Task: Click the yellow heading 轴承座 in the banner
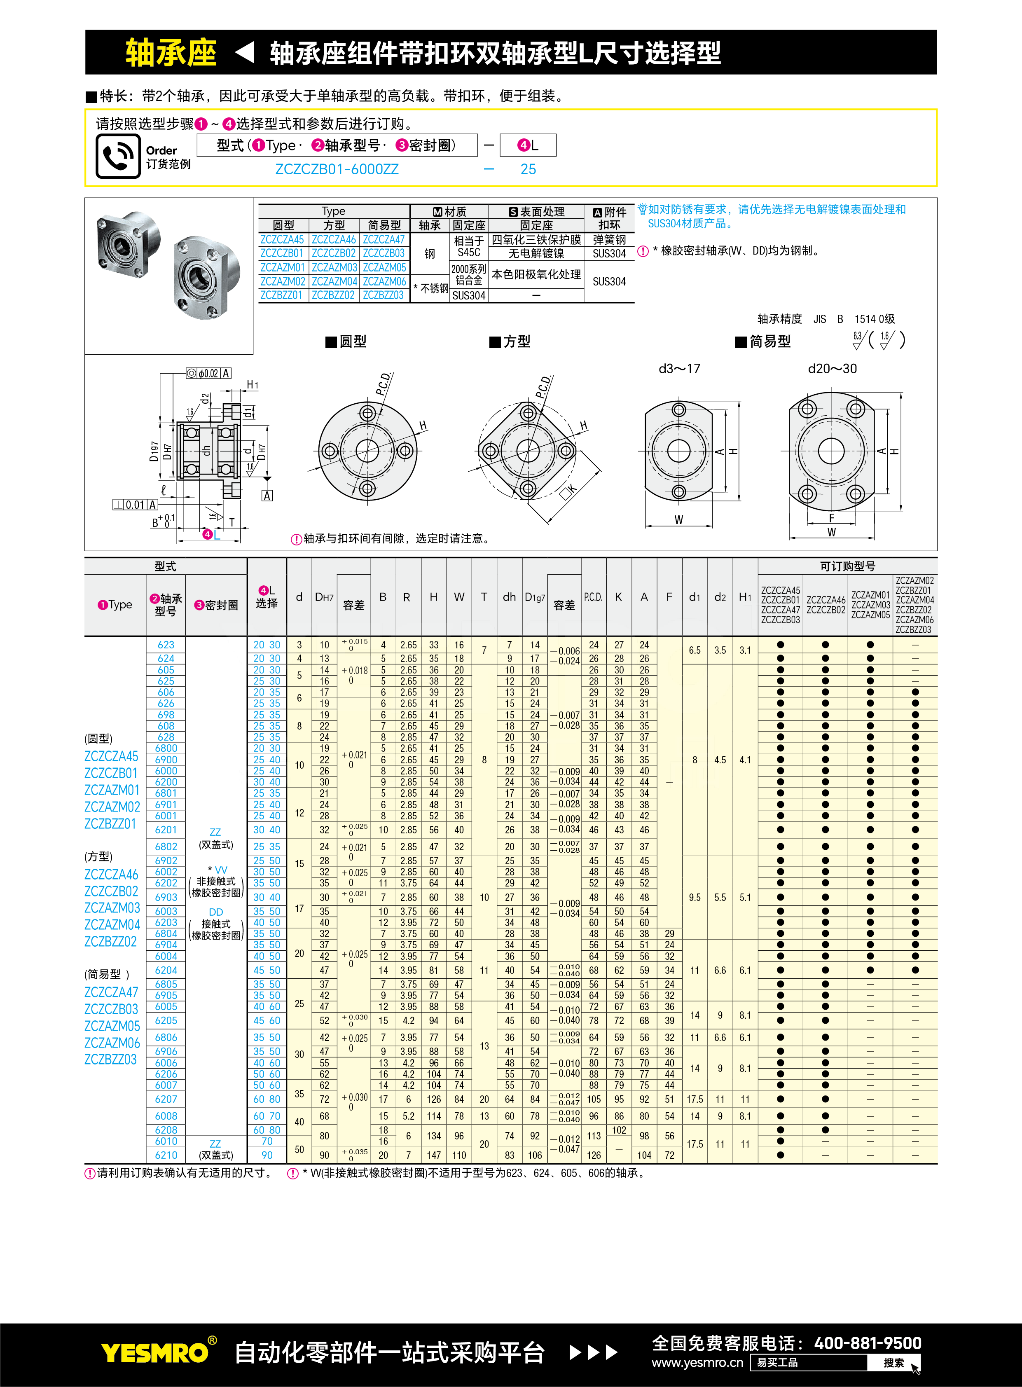click(x=171, y=53)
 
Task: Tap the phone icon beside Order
click(x=117, y=157)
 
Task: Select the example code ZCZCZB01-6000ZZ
click(x=337, y=169)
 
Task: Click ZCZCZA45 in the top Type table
click(x=282, y=239)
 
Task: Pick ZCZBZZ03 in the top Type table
click(x=384, y=295)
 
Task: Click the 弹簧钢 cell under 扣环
click(x=609, y=239)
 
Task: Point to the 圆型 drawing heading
click(x=346, y=341)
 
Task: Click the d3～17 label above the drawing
click(x=679, y=369)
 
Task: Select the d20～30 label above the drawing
click(x=832, y=369)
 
